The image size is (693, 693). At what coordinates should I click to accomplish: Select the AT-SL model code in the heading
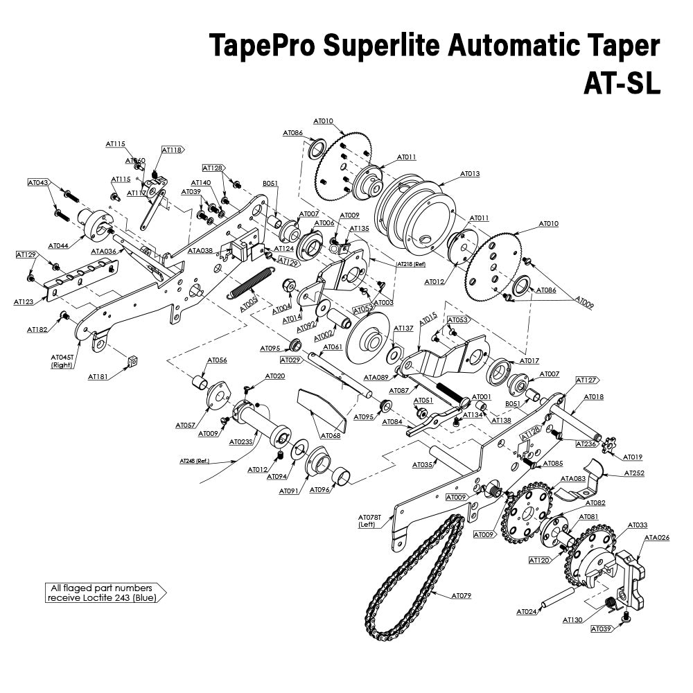point(621,83)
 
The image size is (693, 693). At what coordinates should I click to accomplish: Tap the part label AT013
point(470,174)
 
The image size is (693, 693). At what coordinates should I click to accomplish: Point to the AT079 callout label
point(461,595)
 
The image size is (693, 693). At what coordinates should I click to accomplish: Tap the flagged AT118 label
point(172,150)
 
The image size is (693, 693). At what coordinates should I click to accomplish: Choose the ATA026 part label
point(657,537)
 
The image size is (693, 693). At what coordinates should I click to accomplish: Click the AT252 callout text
point(634,473)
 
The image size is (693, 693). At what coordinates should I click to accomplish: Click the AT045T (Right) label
point(62,361)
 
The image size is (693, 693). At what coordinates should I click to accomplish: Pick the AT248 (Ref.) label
point(194,461)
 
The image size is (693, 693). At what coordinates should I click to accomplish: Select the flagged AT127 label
point(586,380)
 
